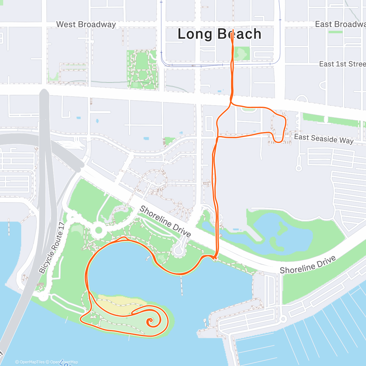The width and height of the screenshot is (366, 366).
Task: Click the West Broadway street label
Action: point(86,24)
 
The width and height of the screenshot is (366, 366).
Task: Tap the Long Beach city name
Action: point(219,34)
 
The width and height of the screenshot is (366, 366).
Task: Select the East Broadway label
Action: point(340,24)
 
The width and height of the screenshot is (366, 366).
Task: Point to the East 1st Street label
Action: point(342,64)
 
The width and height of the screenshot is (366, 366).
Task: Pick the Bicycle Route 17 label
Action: point(52,248)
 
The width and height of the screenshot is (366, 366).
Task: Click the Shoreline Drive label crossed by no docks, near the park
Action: point(165,221)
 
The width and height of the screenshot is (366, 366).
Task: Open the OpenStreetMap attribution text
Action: point(64,362)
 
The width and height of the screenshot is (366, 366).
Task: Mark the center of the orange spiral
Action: point(150,321)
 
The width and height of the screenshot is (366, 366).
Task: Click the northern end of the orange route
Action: point(233,30)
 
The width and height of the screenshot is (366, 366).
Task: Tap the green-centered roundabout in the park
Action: point(99,230)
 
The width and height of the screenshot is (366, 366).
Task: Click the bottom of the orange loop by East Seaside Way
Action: point(278,142)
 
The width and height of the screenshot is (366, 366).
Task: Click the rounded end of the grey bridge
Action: point(45,91)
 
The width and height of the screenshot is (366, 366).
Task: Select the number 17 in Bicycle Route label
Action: point(62,226)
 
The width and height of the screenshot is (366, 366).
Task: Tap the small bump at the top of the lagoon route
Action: point(124,237)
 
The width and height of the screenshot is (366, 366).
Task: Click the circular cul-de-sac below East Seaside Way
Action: point(299,168)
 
